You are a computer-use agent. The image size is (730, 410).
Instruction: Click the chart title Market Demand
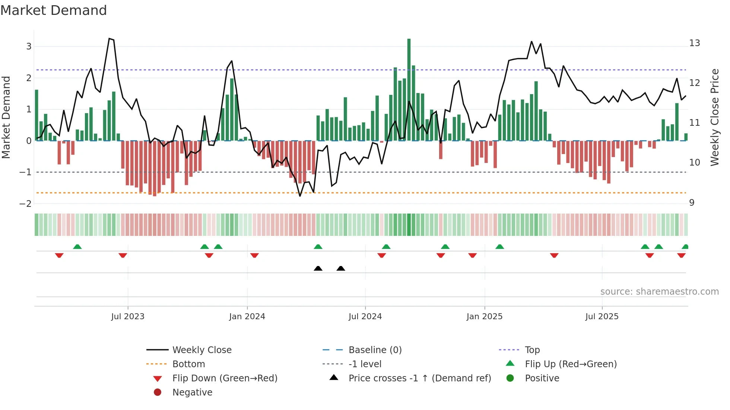point(54,10)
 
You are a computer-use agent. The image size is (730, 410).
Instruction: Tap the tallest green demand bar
point(409,89)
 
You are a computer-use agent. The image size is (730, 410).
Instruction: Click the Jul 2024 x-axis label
point(365,317)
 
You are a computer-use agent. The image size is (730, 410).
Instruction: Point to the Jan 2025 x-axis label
point(484,317)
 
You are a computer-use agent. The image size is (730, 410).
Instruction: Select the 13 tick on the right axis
point(694,43)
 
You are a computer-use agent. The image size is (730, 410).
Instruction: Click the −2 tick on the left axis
point(26,204)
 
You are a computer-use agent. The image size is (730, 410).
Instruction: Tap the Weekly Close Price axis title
point(714,117)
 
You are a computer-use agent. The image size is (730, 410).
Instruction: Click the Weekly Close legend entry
point(201,350)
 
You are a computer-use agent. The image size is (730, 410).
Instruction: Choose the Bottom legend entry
point(188,364)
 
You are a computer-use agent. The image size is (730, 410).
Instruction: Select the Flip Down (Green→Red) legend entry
point(225,378)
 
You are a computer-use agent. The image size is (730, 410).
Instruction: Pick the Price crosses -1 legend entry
point(419,378)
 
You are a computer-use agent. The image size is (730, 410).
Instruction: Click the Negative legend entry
point(192,393)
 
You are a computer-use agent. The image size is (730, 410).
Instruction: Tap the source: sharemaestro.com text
point(659,292)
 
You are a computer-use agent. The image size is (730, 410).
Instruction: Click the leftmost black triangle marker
point(318,268)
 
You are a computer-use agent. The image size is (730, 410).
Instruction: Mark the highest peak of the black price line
point(109,39)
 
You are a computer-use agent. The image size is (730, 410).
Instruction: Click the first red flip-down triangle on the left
point(59,255)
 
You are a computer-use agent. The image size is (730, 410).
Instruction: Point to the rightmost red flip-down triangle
point(681,255)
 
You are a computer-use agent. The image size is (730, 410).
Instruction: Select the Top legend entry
point(532,350)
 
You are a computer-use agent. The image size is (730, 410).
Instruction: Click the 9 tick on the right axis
point(692,203)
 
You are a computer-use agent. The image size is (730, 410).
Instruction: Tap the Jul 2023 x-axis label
point(127,317)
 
